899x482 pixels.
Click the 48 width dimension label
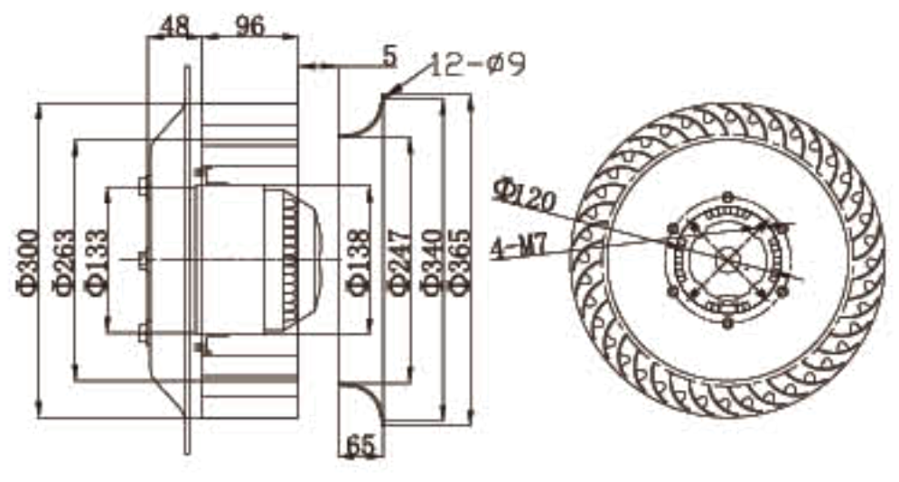click(175, 25)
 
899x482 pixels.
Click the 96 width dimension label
click(250, 25)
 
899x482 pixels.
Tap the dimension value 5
click(389, 57)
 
